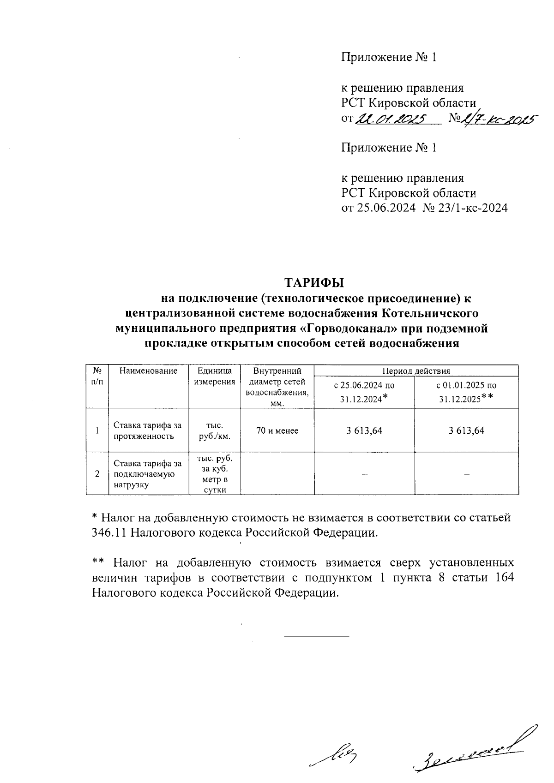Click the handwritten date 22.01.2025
point(390,120)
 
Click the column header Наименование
point(148,371)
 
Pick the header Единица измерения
point(215,377)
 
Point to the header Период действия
point(415,371)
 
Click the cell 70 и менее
point(277,430)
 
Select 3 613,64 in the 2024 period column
point(364,430)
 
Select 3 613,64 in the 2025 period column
point(466,430)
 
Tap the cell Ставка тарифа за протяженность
point(148,430)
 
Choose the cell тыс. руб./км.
point(215,430)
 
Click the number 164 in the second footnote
point(504,578)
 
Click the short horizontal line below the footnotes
point(316,637)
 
